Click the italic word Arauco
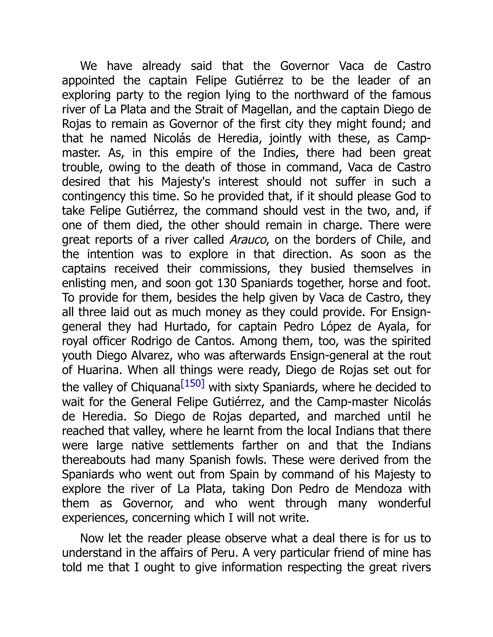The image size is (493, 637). (248, 240)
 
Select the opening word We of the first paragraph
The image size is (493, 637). (89, 66)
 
